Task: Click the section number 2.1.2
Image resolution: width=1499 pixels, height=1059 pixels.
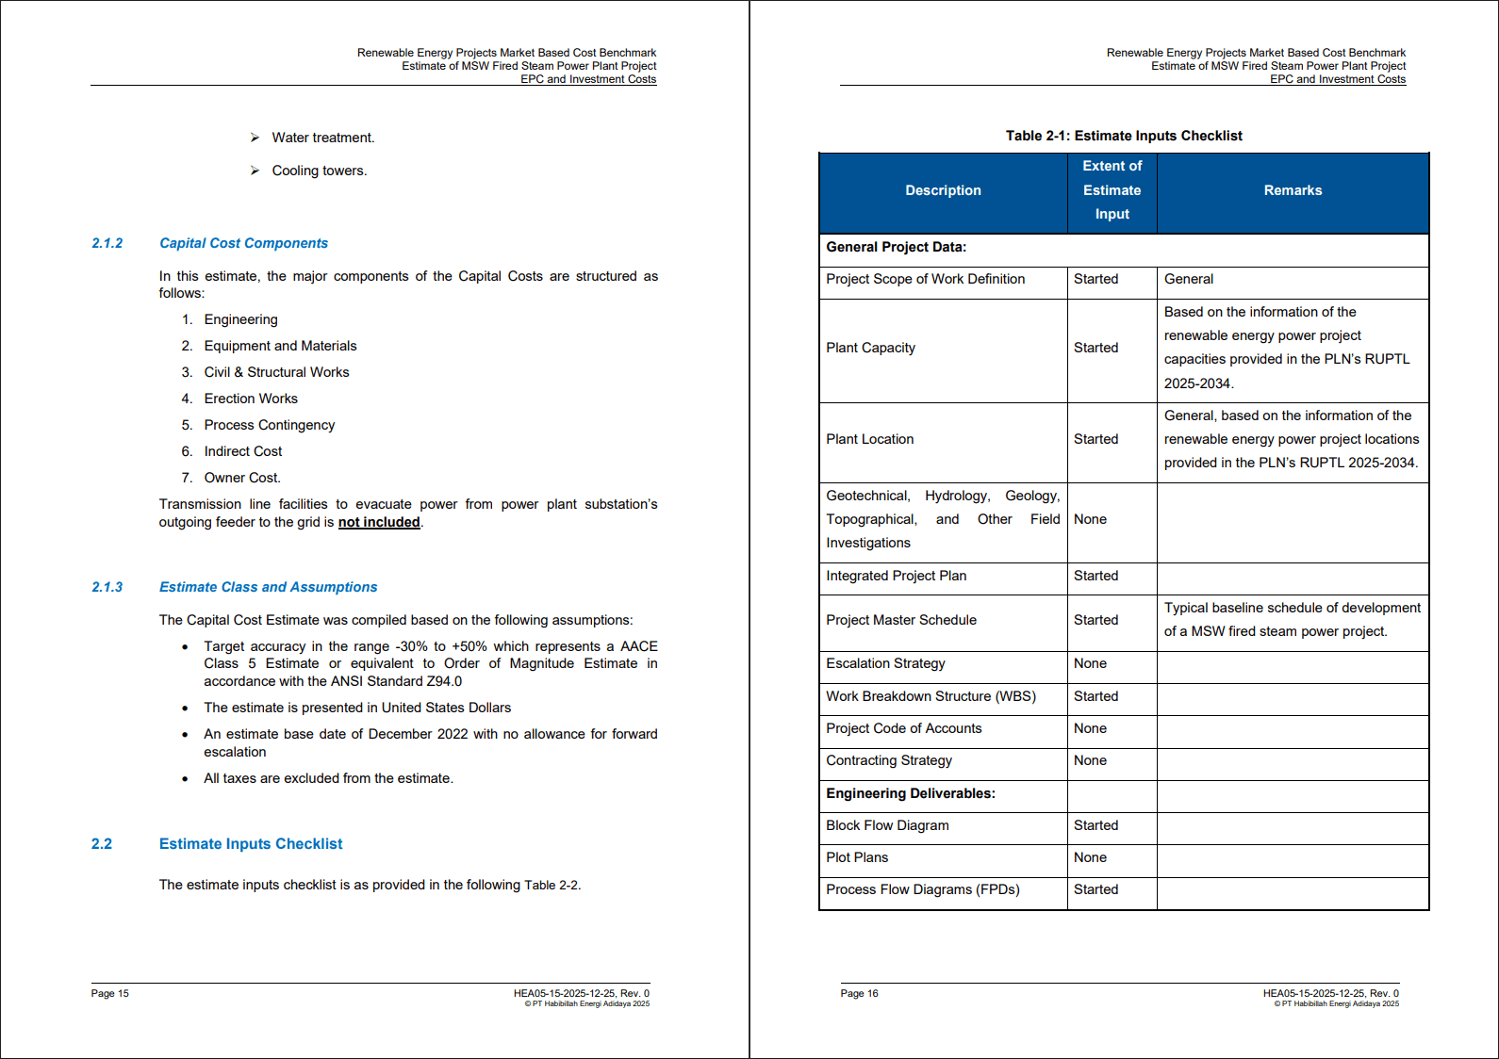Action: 107,243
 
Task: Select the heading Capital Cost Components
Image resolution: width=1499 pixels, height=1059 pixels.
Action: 243,243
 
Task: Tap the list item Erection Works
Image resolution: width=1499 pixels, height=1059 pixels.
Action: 251,399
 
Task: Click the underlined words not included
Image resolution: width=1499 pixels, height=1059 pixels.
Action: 379,522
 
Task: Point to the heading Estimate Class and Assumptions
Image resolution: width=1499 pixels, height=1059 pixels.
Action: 268,587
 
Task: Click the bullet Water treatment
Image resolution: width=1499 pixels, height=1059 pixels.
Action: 322,138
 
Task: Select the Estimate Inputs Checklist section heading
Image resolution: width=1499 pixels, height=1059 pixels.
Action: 250,844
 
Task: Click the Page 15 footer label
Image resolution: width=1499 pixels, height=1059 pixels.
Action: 109,993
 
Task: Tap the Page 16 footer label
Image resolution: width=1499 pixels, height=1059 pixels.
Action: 859,993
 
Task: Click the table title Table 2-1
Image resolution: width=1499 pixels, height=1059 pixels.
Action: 1123,136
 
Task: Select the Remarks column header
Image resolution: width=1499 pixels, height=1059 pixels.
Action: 1293,190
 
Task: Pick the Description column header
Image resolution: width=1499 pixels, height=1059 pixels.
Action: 943,190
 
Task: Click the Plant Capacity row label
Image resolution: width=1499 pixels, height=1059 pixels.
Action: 870,348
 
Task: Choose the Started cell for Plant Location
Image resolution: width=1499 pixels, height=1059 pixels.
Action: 1095,439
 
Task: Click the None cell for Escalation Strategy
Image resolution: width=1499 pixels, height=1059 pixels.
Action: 1090,663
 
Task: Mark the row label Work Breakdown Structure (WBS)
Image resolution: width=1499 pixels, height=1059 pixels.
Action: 931,696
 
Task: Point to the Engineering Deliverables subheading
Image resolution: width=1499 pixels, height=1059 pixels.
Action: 910,793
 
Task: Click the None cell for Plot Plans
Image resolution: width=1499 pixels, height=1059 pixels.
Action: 1090,857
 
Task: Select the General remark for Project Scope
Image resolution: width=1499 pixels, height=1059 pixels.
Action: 1188,279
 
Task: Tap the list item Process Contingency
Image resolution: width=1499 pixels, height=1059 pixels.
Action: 269,425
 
